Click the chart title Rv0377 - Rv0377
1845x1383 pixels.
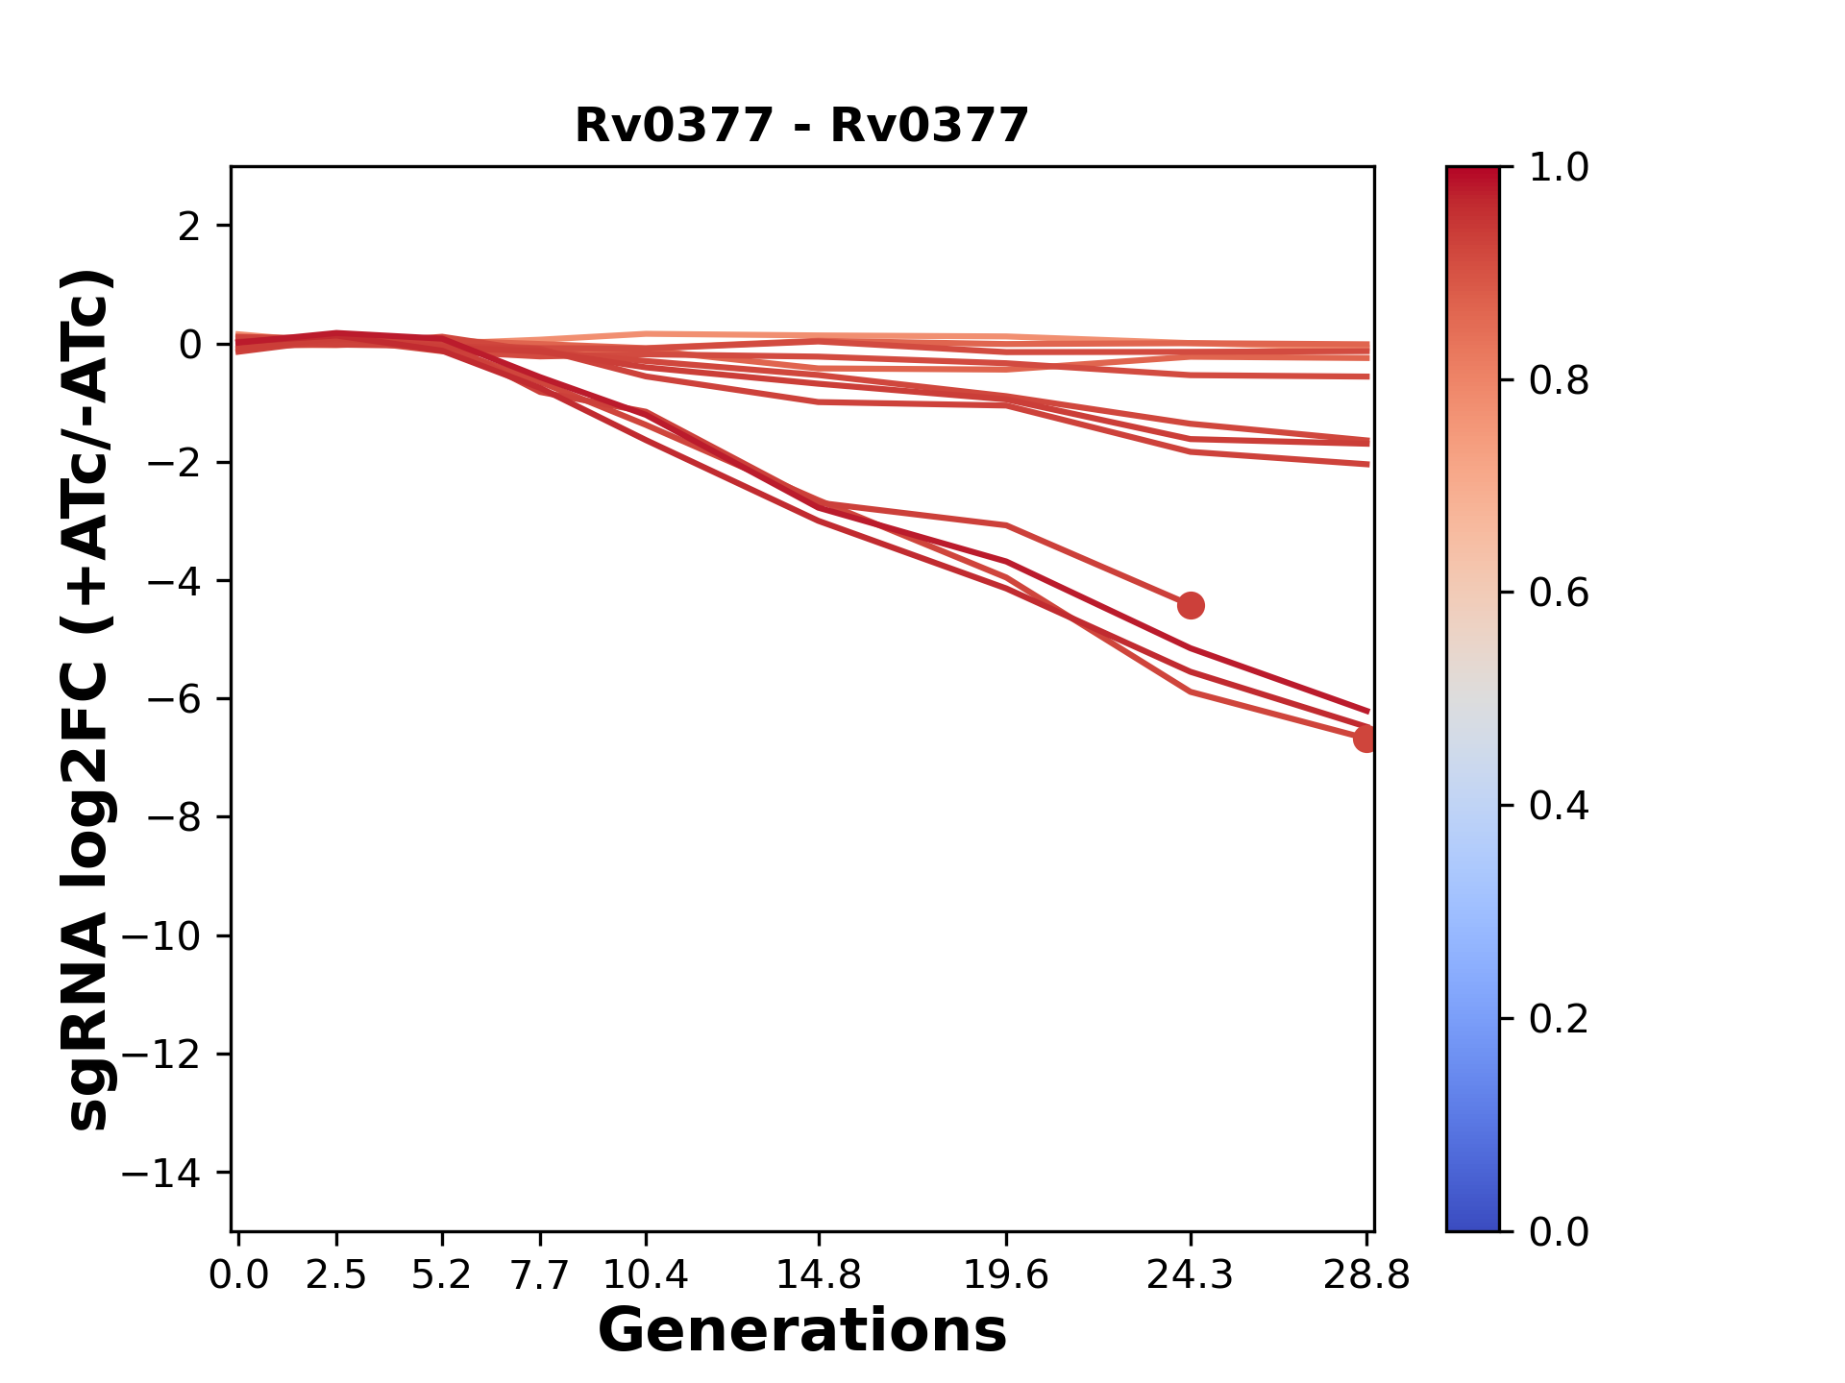[801, 126]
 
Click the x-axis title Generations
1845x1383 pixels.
[801, 1331]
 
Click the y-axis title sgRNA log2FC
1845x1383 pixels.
[88, 699]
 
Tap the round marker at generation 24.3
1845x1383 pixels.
[1191, 605]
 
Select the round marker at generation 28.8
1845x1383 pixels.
[1365, 739]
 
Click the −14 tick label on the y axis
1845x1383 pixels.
[161, 1174]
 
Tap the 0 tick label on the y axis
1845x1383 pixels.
[190, 345]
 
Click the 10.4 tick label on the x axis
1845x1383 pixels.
[645, 1275]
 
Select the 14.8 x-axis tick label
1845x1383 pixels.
[818, 1275]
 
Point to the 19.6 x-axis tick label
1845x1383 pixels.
[1005, 1275]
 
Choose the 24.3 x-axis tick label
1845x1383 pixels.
[1191, 1275]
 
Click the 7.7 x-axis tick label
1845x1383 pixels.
[539, 1275]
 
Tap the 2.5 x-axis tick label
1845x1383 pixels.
[336, 1275]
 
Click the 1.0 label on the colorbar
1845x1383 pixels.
[1559, 168]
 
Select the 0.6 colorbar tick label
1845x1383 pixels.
[1559, 594]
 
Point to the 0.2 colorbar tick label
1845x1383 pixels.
[1559, 1019]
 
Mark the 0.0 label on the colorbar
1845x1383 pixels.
[1559, 1232]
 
